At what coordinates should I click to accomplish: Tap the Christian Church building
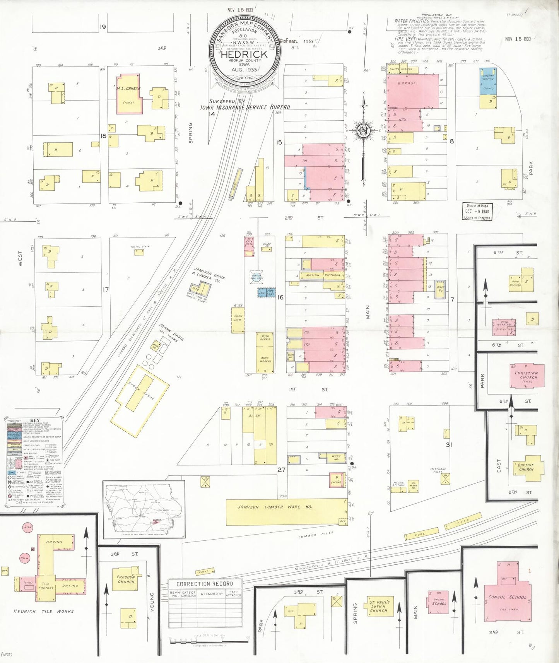(x=526, y=376)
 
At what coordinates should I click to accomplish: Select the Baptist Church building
(x=526, y=468)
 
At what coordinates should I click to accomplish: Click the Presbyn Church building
(x=126, y=579)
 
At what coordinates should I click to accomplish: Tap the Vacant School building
(x=439, y=602)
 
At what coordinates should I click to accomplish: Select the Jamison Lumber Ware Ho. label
(x=275, y=507)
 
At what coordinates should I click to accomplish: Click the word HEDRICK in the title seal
(x=244, y=55)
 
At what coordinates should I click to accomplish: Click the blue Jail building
(x=262, y=293)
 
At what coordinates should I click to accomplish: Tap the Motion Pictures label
(x=322, y=275)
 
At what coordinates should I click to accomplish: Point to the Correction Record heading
(x=205, y=584)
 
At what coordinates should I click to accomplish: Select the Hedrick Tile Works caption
(x=43, y=612)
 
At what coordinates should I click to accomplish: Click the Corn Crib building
(x=238, y=318)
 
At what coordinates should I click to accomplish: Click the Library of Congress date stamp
(x=477, y=212)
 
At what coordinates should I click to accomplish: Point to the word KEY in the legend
(x=34, y=420)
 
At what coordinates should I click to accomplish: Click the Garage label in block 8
(x=407, y=83)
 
